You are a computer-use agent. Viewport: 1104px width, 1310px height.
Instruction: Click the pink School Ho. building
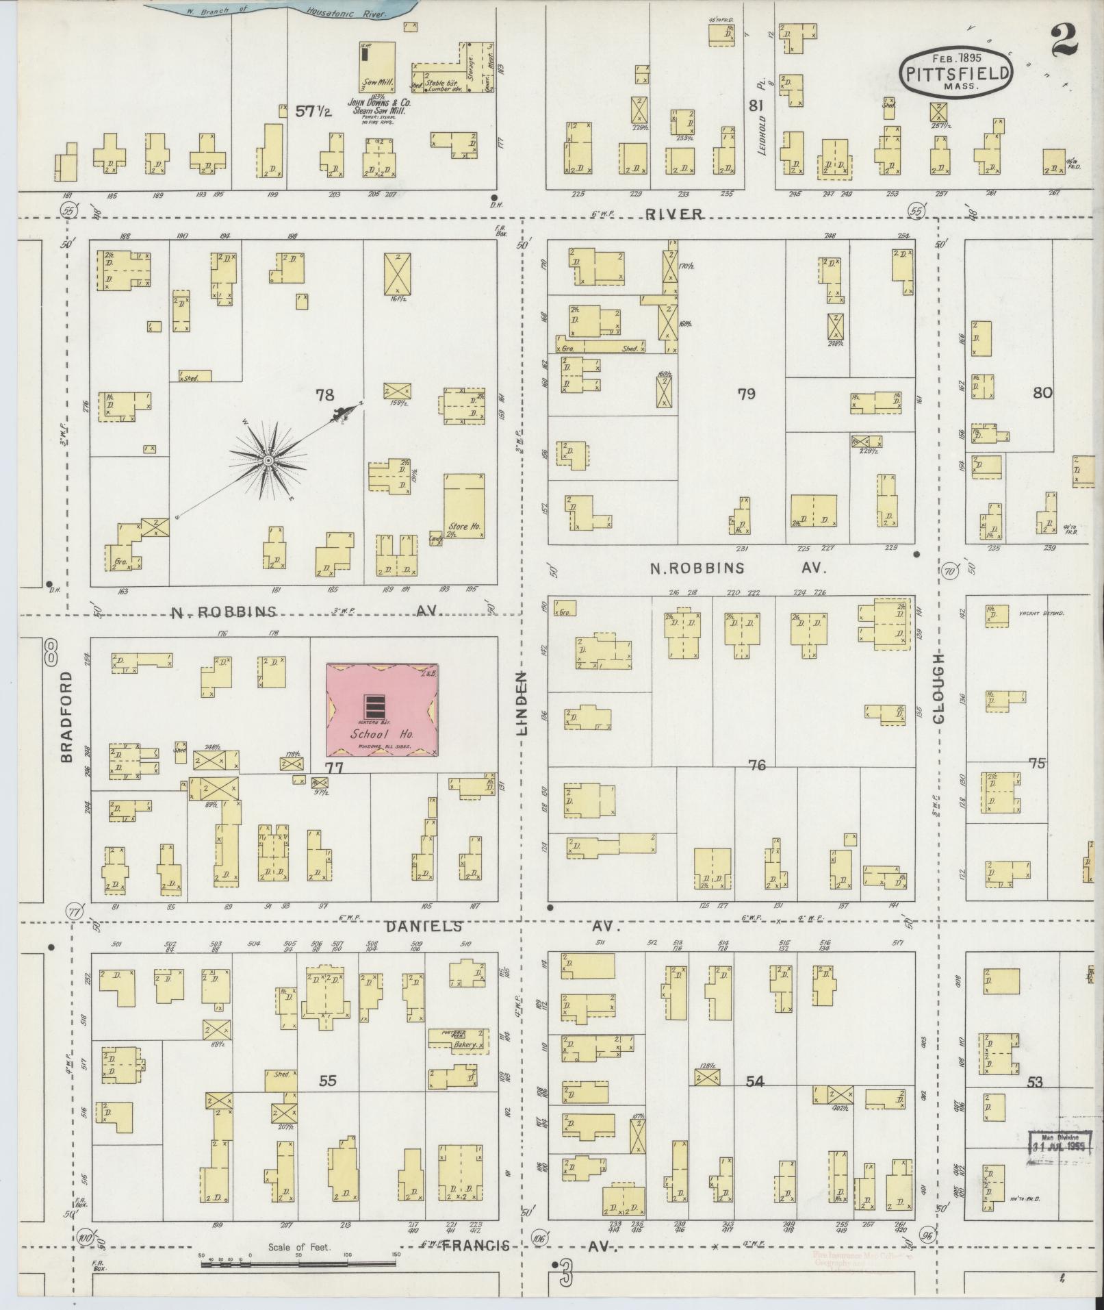(x=382, y=709)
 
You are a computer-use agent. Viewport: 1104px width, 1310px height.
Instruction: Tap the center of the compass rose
(x=268, y=461)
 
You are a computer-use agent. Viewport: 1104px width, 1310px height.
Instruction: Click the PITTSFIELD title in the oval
(x=958, y=73)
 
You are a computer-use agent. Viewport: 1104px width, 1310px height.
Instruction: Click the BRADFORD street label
(x=66, y=716)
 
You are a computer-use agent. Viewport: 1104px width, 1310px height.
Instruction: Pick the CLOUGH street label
(x=938, y=687)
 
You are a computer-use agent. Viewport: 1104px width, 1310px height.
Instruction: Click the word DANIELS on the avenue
(x=423, y=927)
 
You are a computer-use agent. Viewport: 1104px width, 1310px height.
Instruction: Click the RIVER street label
(x=675, y=214)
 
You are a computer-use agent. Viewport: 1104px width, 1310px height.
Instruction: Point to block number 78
(x=324, y=394)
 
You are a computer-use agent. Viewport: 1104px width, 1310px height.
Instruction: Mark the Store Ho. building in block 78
(x=464, y=505)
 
